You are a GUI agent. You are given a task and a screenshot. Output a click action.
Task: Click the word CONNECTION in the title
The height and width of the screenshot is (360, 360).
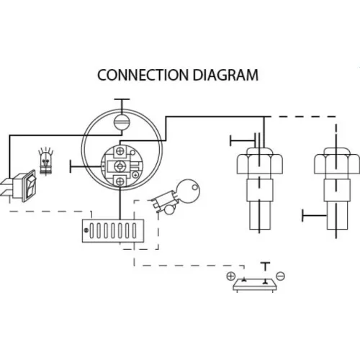tap(143, 75)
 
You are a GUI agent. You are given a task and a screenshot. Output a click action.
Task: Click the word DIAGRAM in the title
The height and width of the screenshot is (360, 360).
tap(225, 75)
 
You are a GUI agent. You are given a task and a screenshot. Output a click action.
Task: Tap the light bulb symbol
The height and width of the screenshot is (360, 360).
tap(45, 161)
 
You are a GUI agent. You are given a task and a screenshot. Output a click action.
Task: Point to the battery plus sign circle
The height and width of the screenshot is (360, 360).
tap(230, 276)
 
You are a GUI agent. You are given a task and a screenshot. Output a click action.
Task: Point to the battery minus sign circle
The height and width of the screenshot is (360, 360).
tap(280, 276)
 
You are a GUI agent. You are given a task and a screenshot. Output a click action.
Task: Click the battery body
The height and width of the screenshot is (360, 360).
tap(255, 285)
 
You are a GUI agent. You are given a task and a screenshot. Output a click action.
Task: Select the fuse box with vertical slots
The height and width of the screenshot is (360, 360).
tap(113, 230)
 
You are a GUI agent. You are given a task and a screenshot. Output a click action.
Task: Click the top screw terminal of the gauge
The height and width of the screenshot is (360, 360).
tap(120, 151)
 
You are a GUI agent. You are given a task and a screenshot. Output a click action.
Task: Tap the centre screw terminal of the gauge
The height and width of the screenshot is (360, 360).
tap(120, 166)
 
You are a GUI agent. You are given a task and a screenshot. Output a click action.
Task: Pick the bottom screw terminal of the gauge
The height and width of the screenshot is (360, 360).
tap(120, 181)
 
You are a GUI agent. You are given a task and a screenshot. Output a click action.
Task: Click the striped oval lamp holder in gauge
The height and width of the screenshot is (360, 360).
tap(122, 122)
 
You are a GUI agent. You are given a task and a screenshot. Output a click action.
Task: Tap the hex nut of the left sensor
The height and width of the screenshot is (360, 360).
tap(260, 161)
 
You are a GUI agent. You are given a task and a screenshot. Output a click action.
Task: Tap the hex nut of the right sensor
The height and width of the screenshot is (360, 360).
tap(337, 161)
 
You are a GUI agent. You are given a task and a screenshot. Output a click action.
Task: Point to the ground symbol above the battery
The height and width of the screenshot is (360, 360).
tap(265, 267)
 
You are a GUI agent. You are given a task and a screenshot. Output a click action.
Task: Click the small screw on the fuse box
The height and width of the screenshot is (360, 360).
tap(86, 230)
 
